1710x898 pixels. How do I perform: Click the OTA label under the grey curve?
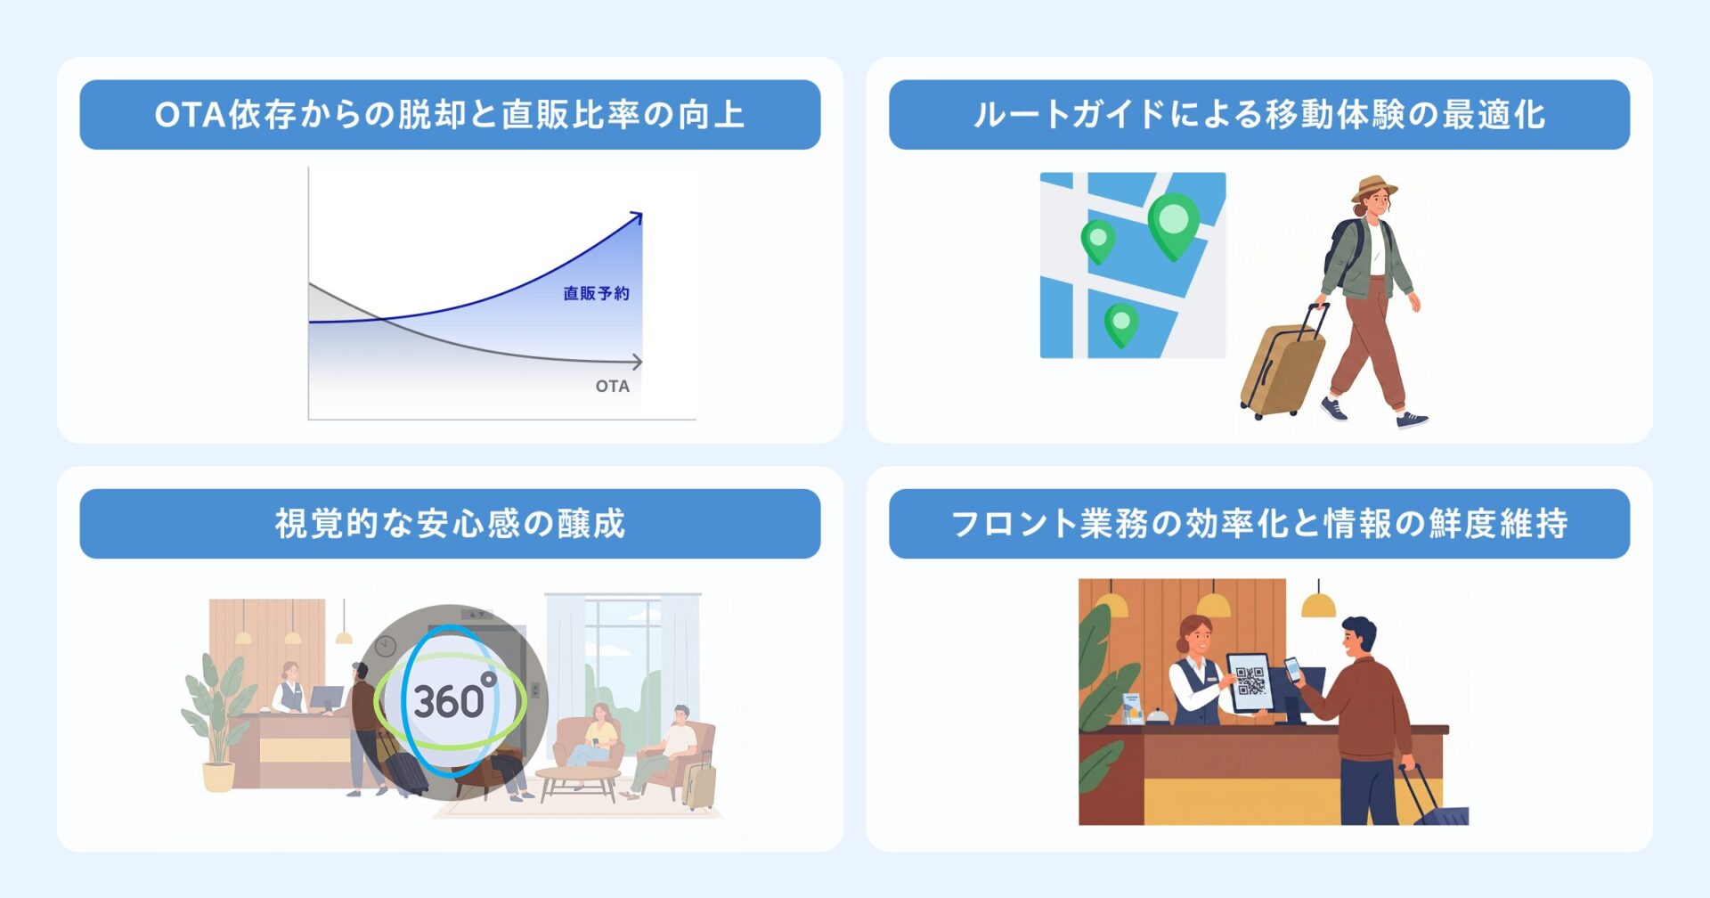(612, 386)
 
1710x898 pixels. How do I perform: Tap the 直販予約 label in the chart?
(596, 293)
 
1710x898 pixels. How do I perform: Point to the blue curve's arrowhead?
(636, 216)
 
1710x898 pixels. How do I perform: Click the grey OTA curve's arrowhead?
(637, 362)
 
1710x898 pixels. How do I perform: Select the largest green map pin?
(1173, 223)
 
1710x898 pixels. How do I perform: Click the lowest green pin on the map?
(1121, 323)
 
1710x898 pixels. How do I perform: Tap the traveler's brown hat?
(1374, 188)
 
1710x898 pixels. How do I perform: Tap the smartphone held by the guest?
(1293, 669)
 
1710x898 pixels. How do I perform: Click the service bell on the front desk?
(1154, 715)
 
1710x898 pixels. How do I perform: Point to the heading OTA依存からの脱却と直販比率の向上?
(450, 115)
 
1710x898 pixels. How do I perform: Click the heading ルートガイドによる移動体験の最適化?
(1258, 115)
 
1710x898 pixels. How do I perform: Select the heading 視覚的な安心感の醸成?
(450, 524)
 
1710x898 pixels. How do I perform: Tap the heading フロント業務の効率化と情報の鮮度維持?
(1258, 524)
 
